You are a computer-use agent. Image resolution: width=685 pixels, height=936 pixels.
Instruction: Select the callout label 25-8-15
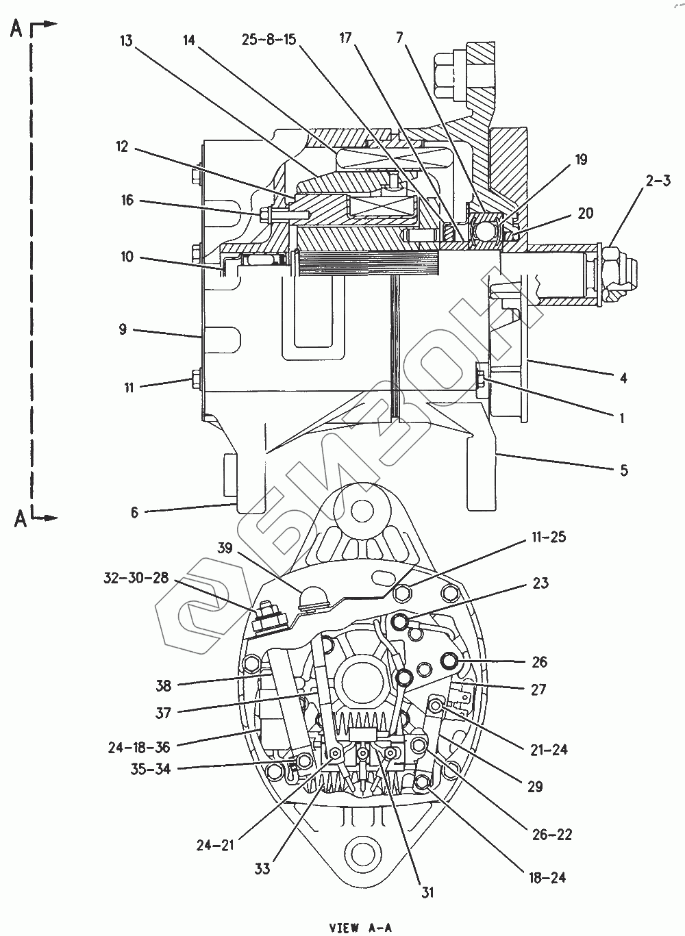[x=269, y=40]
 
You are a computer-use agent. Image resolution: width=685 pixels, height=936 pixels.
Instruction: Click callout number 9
[x=123, y=329]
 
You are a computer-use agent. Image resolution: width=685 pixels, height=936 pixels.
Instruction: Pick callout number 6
[x=134, y=511]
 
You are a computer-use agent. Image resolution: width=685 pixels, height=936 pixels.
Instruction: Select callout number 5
[x=623, y=470]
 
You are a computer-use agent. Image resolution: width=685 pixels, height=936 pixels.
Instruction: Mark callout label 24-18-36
[x=139, y=747]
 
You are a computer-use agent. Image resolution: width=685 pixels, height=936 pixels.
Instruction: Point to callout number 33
[x=262, y=869]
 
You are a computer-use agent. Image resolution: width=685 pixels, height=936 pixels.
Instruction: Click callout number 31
[x=427, y=892]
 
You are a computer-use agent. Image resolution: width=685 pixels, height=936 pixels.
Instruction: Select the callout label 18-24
[x=548, y=877]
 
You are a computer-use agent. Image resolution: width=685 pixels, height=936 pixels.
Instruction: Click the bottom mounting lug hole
[x=360, y=852]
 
